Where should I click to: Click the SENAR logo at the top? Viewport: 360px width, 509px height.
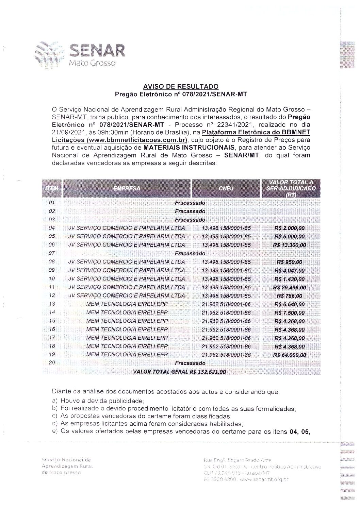click(80, 54)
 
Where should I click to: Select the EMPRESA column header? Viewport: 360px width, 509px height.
click(127, 188)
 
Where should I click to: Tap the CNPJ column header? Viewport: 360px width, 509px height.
click(226, 188)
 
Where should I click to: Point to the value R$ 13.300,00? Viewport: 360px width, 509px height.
click(289, 245)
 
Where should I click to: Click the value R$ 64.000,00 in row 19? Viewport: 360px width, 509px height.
click(289, 355)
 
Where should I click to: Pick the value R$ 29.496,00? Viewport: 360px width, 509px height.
click(289, 287)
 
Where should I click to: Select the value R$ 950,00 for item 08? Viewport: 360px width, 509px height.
click(289, 262)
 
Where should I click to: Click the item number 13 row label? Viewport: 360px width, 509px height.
click(52, 304)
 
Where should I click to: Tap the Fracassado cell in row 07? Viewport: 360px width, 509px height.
click(190, 253)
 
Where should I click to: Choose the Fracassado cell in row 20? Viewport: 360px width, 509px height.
click(190, 363)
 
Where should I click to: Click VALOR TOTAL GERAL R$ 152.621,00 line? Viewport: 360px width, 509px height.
click(180, 372)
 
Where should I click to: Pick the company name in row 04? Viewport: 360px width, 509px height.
click(127, 228)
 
